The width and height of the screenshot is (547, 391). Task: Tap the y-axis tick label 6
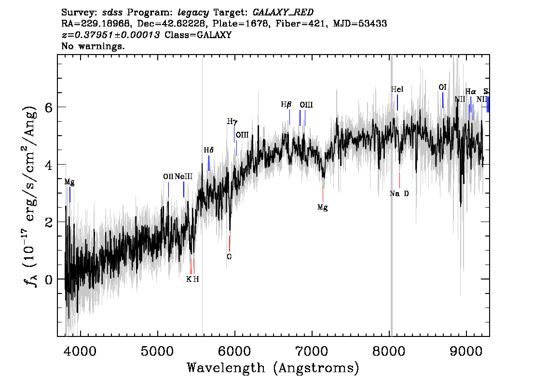[x=49, y=107]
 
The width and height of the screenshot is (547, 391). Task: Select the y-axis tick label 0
[x=49, y=279]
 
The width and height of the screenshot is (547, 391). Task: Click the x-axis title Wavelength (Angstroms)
[x=273, y=368]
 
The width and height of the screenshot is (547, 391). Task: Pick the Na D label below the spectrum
[x=399, y=194]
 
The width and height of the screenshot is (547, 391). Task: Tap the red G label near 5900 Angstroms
[x=229, y=257]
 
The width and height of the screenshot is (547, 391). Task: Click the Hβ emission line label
[x=286, y=104]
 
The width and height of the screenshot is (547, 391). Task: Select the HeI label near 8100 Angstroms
[x=397, y=89]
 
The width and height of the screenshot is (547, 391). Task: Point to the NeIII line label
[x=183, y=177]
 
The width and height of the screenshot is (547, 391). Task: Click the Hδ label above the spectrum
[x=208, y=150]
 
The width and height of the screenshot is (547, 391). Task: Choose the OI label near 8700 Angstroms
[x=442, y=87]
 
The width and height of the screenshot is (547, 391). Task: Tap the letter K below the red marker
[x=189, y=279]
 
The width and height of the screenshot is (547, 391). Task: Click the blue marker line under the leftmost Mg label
[x=70, y=195]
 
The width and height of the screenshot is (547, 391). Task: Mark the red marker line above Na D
[x=399, y=180]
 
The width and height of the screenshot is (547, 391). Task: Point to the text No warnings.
[x=93, y=46]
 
